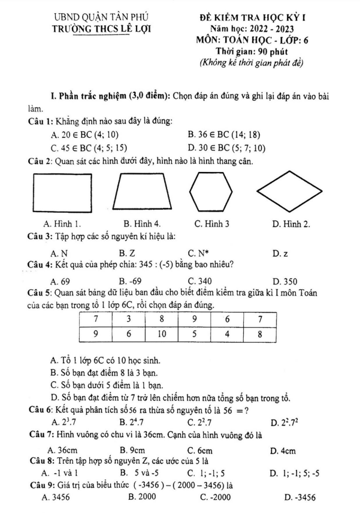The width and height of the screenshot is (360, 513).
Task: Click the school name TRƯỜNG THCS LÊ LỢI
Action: [x=101, y=28]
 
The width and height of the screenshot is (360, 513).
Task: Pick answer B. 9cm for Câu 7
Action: [x=134, y=449]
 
